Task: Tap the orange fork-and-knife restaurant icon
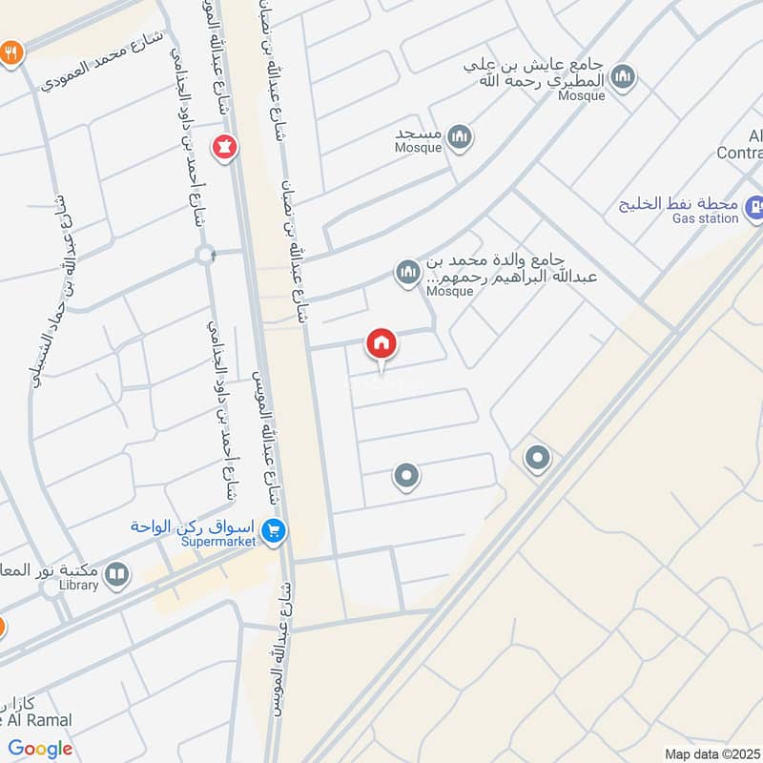11,52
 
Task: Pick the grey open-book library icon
116,574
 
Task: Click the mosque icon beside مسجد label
461,139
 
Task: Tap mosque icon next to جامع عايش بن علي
623,77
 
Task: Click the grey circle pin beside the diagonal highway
537,460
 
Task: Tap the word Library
78,585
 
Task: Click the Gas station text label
706,218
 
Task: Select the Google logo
40,749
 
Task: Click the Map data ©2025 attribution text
711,753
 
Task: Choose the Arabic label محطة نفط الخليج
680,203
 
